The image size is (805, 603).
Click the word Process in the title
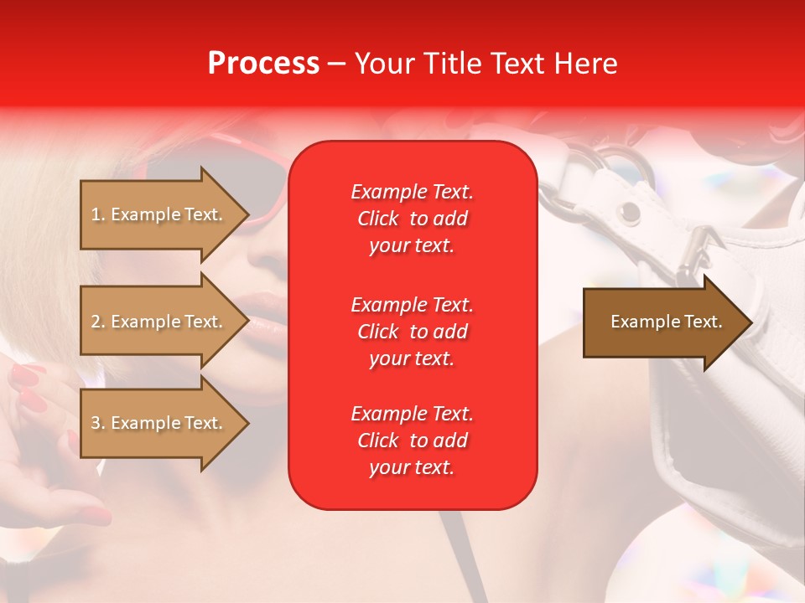[263, 64]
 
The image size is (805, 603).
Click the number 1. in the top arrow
[98, 214]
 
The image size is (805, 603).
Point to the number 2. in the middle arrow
[98, 322]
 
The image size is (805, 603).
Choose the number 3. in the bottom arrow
[98, 423]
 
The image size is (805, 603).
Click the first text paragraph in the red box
[412, 219]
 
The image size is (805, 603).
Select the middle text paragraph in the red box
[412, 332]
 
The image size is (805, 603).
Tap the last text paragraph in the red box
[412, 441]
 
